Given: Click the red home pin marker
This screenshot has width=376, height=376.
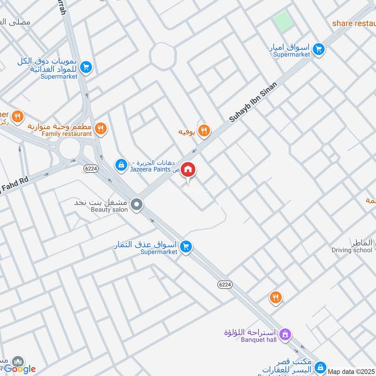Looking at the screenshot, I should tap(188, 169).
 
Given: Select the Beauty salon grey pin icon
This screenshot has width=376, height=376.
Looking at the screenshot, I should tap(137, 204).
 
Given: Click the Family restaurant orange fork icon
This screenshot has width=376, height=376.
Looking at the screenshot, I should tap(100, 128).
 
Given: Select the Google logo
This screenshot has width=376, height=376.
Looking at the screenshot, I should tap(20, 369).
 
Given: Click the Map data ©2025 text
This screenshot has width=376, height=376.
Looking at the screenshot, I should tap(352, 371).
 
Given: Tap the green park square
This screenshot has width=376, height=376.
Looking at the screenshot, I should tap(282, 22).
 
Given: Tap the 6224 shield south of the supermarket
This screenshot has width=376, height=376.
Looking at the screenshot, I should tap(225, 284).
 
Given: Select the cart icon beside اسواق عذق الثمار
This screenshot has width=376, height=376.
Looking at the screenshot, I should tap(186, 246).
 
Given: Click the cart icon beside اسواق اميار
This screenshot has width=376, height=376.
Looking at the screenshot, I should tap(319, 49).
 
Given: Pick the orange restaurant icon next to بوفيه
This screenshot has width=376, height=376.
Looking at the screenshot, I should tap(204, 131).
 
